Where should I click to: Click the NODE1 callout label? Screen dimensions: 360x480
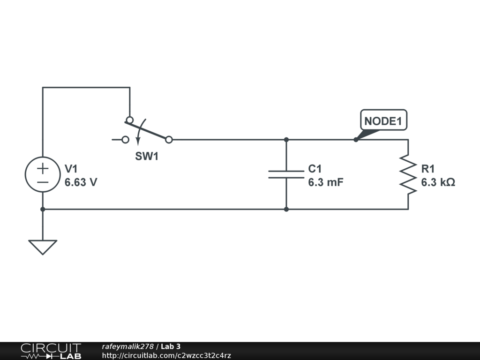point(383,121)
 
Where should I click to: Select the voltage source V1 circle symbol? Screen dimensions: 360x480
point(43,174)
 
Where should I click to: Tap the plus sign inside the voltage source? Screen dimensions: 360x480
point(43,168)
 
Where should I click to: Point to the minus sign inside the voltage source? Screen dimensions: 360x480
point(43,182)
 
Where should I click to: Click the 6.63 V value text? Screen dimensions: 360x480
point(81,183)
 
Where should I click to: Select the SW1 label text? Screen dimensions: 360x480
point(147,157)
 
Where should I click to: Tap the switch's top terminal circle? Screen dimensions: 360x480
point(129,120)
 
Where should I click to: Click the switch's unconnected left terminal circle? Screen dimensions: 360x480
point(125,139)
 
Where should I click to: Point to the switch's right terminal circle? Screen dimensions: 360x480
point(169,139)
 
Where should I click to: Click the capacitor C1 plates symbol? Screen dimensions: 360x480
point(286,174)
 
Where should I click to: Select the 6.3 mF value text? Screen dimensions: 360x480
point(325,183)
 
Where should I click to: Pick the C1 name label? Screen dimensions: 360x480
point(315,169)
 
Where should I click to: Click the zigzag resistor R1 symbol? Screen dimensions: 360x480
point(408,174)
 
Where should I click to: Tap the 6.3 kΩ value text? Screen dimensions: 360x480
point(438,183)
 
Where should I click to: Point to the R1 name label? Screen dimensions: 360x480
point(428,169)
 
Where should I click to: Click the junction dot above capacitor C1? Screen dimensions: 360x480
point(286,139)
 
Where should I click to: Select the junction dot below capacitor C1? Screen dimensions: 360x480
point(286,209)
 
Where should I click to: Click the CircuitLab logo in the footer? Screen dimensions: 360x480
point(51,351)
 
